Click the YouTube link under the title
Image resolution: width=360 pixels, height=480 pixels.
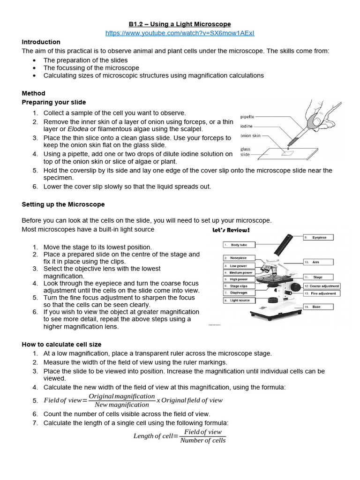[x=180, y=33]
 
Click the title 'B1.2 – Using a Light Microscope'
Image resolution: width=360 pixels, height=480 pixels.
[x=180, y=24]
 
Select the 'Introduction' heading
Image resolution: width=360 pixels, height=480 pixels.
[x=41, y=42]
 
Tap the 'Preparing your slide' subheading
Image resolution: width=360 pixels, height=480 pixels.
[x=54, y=102]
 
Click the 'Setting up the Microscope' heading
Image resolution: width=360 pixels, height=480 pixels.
[x=63, y=204]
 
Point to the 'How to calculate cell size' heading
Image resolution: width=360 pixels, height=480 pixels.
[x=61, y=345]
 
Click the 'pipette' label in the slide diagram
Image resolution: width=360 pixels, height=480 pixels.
[x=248, y=117]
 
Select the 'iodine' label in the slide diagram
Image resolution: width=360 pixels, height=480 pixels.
[x=247, y=126]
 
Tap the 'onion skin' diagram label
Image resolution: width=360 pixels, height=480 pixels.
[x=250, y=135]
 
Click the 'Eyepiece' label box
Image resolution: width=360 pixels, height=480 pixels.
[x=321, y=238]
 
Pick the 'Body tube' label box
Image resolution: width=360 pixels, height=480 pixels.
[x=239, y=245]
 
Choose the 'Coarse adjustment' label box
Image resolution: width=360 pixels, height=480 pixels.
[x=322, y=286]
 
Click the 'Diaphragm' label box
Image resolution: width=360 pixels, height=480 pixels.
[x=239, y=293]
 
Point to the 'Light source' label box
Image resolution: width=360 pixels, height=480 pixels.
[x=240, y=300]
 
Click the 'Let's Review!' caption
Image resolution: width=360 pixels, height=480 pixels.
[x=231, y=231]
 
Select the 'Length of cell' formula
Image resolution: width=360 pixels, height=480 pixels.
[x=180, y=436]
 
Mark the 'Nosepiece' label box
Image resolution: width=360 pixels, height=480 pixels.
[x=239, y=258]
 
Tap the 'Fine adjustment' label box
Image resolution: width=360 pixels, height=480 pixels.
[x=322, y=293]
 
